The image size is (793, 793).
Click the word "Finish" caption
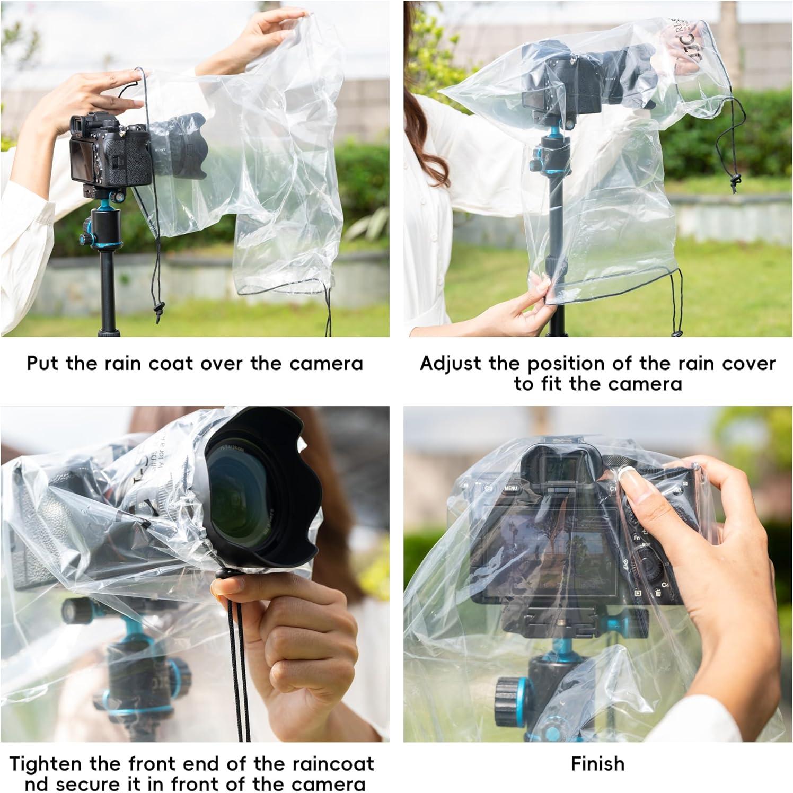coord(597,764)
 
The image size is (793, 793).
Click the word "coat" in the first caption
coord(170,364)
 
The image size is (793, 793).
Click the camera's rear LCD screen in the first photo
coord(83,162)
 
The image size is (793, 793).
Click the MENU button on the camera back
coord(510,488)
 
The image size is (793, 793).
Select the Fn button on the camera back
coord(636,536)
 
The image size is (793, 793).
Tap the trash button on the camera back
coord(658,593)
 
